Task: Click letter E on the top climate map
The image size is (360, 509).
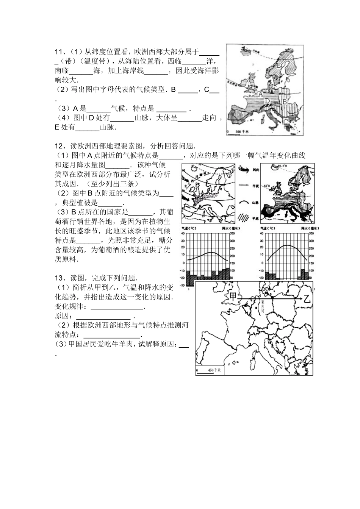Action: click(x=279, y=66)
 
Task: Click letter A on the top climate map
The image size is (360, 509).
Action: click(x=261, y=93)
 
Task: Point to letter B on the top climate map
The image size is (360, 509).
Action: click(x=284, y=102)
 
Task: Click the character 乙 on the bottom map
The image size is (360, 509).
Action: click(x=306, y=299)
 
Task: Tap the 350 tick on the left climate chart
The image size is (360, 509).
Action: click(x=232, y=234)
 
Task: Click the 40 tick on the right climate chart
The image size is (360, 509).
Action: click(x=262, y=234)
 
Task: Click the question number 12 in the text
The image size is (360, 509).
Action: click(x=58, y=146)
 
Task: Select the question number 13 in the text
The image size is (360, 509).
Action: click(x=58, y=278)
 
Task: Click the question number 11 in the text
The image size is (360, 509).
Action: click(x=58, y=52)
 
